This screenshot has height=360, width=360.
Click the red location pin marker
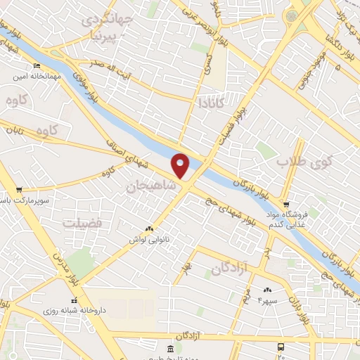coord(181,165)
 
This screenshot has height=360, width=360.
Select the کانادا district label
coord(210,103)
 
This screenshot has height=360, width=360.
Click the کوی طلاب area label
coord(303,162)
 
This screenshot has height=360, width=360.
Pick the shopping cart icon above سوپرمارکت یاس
coord(19,190)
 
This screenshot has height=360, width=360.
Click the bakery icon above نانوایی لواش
coord(148,229)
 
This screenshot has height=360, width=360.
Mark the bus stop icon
coord(281,347)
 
